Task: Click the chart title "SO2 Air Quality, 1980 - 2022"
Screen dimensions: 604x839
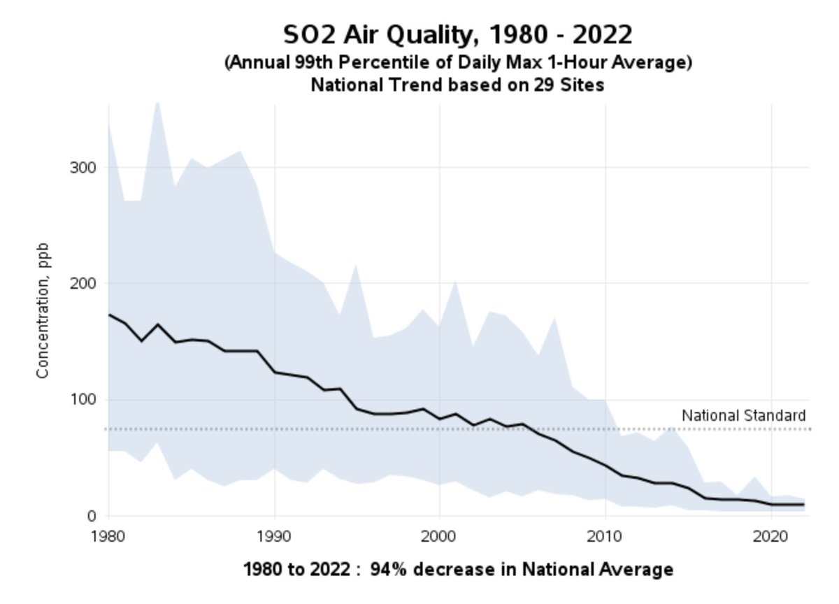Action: click(458, 34)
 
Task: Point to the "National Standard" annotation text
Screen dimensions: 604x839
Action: click(744, 415)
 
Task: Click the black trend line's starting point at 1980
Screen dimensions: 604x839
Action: click(109, 314)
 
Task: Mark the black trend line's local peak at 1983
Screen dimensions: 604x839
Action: click(158, 324)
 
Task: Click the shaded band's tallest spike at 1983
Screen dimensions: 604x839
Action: click(157, 105)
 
